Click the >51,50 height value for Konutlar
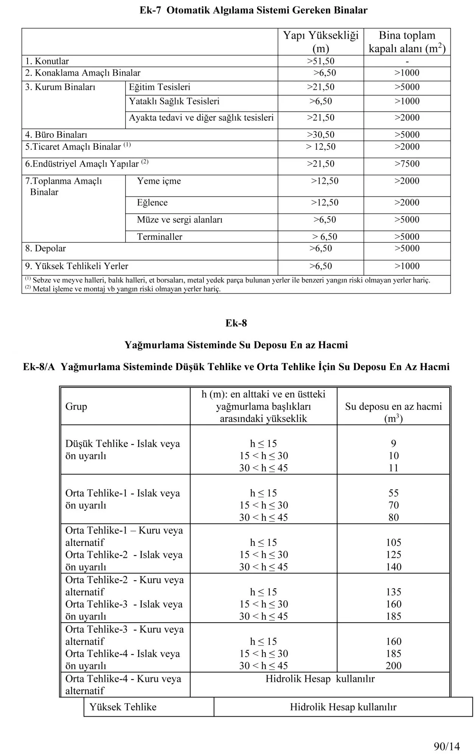[x=321, y=61]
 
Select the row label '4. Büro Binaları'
[x=56, y=135]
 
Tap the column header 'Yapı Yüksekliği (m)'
[x=321, y=42]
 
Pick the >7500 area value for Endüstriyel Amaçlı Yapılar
[x=407, y=164]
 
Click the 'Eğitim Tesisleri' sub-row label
[x=159, y=87]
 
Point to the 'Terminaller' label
[x=159, y=237]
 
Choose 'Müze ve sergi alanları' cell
[x=180, y=220]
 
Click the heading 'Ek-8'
[x=236, y=323]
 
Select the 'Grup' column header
[x=76, y=406]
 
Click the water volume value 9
[x=393, y=443]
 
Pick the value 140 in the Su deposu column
[x=393, y=567]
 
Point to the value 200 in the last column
[x=393, y=666]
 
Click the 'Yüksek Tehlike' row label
[x=123, y=707]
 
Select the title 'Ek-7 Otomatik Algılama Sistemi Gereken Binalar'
[x=253, y=10]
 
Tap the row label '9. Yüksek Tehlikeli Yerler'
[x=77, y=266]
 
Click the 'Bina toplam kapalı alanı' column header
[x=407, y=42]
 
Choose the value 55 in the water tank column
[x=393, y=493]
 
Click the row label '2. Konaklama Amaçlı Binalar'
[x=83, y=73]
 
